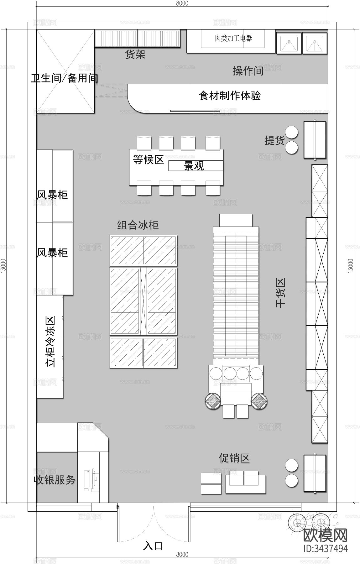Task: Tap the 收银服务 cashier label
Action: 55,479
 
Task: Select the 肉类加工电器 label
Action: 233,38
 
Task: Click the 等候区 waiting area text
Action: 148,159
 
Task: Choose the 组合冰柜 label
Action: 138,225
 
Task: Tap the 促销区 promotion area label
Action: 234,458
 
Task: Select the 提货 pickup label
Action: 274,140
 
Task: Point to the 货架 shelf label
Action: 135,55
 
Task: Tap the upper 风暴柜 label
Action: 52,195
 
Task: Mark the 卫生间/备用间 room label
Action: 65,78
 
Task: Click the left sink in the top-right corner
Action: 289,43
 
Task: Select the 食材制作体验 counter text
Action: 230,95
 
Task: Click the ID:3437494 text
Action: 326,557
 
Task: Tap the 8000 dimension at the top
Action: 182,3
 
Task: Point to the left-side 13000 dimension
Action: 3,266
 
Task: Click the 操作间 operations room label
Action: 248,71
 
